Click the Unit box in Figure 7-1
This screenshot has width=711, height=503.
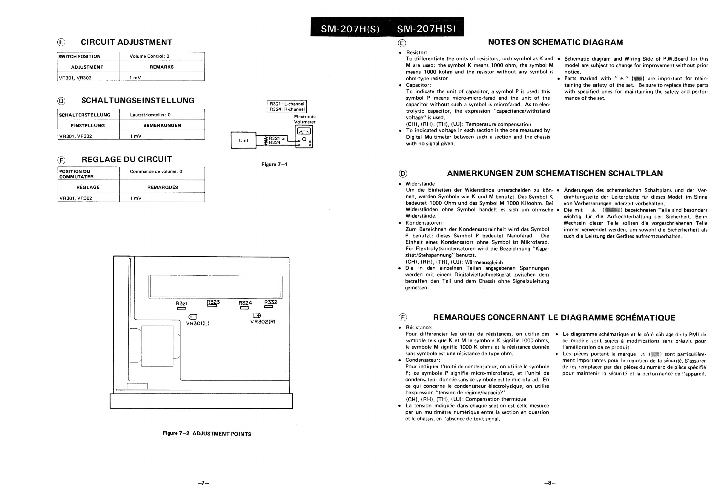click(x=243, y=140)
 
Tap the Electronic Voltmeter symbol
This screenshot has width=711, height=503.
click(x=304, y=137)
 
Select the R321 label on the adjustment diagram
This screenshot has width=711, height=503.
click(x=181, y=303)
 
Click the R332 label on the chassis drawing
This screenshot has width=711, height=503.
click(x=271, y=302)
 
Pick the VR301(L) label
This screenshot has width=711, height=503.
click(x=198, y=323)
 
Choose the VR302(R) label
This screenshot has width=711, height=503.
click(x=262, y=321)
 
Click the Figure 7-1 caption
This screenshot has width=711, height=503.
click(x=274, y=165)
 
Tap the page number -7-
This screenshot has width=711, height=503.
click(x=203, y=483)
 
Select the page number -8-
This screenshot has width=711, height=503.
click(x=550, y=483)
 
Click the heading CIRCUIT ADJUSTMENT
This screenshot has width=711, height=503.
click(x=126, y=42)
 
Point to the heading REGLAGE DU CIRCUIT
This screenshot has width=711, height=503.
click(x=127, y=160)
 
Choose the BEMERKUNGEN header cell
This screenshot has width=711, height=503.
click(x=162, y=125)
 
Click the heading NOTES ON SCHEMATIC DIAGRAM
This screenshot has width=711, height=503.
click(x=555, y=42)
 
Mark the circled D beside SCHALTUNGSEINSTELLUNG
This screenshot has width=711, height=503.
click(x=62, y=101)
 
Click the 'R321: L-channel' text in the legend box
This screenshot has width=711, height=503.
click(x=287, y=104)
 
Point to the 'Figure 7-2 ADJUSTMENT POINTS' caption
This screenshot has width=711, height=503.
click(x=207, y=434)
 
